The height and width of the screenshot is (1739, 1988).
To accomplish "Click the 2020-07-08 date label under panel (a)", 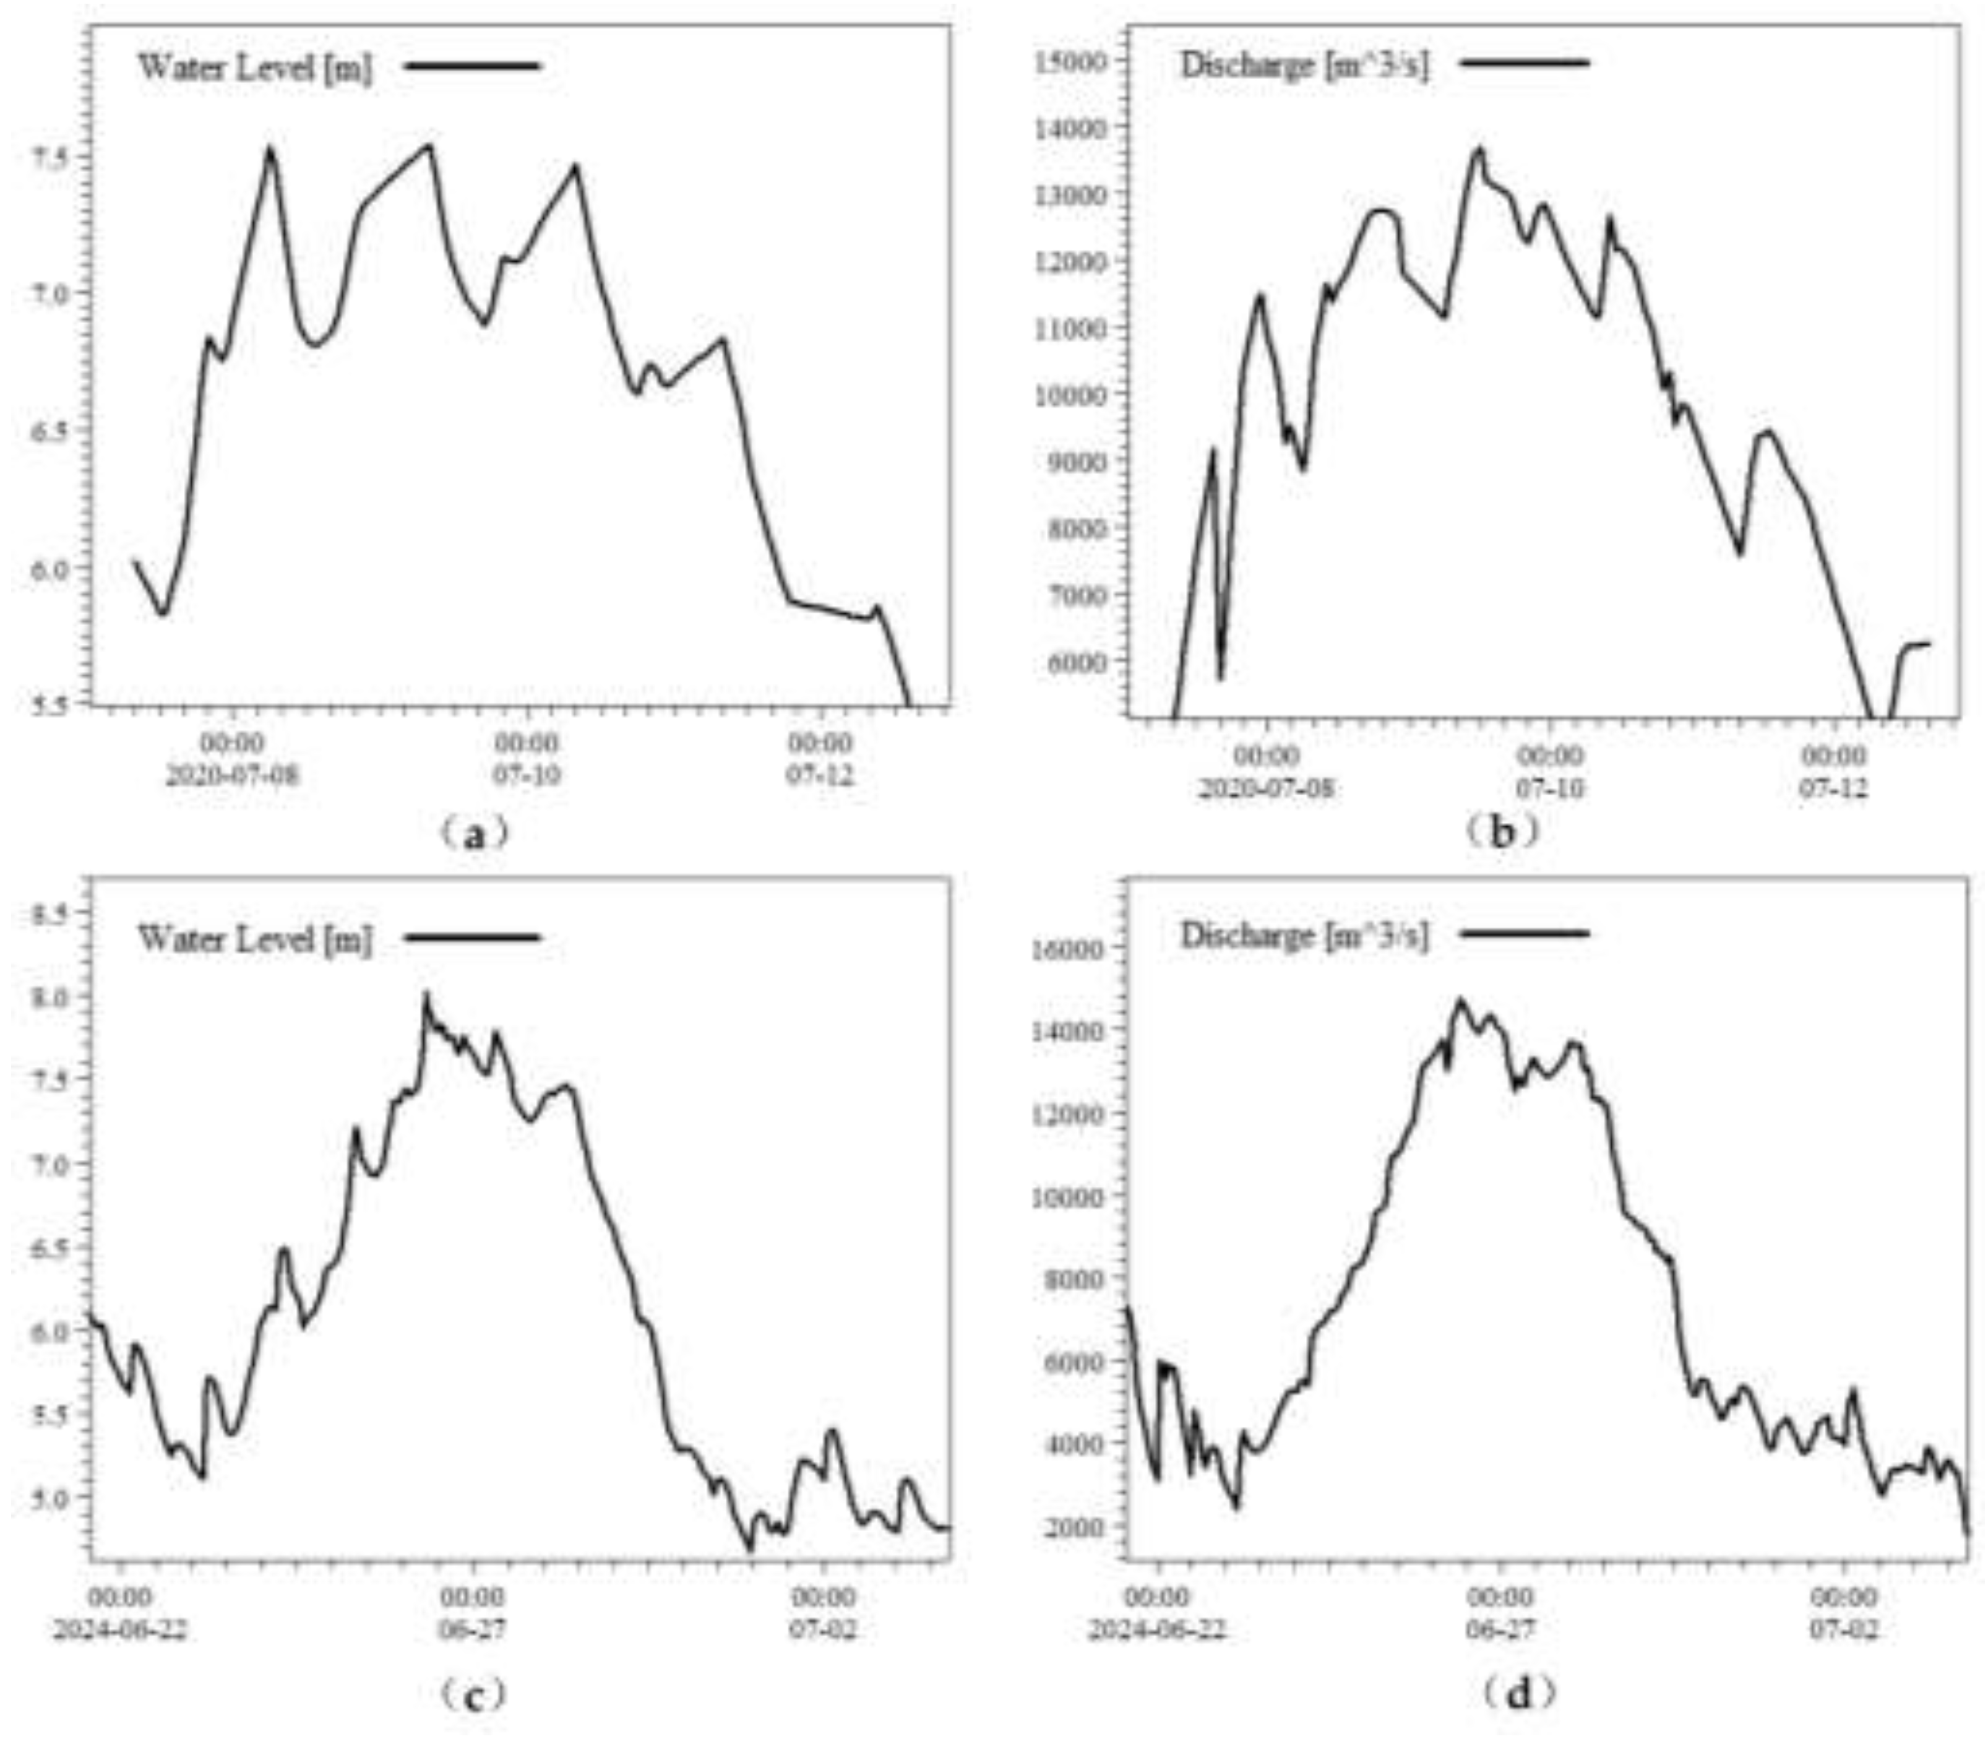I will click(x=233, y=776).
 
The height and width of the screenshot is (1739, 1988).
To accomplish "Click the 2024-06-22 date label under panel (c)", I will click(x=119, y=1628).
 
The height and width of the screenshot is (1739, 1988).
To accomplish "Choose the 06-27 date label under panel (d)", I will click(x=1499, y=1628).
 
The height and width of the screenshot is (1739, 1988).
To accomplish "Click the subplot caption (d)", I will click(x=1520, y=1693).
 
